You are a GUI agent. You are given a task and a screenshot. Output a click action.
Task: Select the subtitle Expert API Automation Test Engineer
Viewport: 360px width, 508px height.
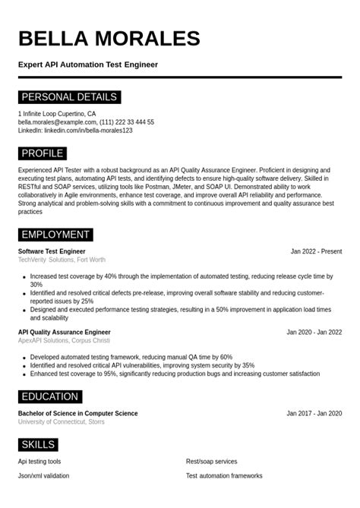click(x=88, y=65)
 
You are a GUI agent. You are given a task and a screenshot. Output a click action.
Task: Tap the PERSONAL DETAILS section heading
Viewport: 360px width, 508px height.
click(x=69, y=97)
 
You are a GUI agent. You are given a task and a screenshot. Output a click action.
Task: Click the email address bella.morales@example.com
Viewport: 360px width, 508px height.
click(x=57, y=121)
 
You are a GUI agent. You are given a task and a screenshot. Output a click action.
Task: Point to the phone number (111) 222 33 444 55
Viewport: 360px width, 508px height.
click(x=127, y=121)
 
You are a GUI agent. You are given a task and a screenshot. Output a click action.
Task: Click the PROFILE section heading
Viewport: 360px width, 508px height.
click(x=43, y=153)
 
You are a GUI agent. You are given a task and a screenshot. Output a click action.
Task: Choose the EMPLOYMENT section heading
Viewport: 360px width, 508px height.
click(x=55, y=235)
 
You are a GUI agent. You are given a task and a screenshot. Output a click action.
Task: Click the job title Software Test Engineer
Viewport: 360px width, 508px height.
click(x=52, y=251)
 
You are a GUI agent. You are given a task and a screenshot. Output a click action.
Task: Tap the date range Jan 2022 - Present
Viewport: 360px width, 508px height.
click(x=316, y=251)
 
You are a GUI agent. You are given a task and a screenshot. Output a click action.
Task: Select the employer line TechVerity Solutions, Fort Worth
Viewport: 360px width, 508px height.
click(x=62, y=260)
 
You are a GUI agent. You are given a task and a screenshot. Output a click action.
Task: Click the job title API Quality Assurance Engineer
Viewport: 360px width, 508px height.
click(x=64, y=332)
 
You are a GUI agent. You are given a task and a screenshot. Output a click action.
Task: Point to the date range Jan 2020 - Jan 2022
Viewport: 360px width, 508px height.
click(x=314, y=332)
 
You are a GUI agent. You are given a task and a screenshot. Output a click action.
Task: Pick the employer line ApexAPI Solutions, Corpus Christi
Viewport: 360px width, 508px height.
click(x=64, y=340)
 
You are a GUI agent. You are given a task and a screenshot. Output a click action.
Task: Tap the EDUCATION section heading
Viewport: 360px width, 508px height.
click(x=49, y=396)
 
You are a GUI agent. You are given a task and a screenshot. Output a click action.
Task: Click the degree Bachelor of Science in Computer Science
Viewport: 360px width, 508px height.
click(x=77, y=413)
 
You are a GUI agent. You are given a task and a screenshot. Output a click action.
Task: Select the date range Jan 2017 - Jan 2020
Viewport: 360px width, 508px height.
click(x=314, y=413)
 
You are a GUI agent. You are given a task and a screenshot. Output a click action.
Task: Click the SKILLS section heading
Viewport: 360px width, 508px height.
click(x=38, y=444)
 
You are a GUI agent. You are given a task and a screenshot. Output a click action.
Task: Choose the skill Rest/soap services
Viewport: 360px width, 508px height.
click(x=211, y=461)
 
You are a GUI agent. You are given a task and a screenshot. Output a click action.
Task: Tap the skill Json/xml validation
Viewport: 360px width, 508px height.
click(x=43, y=475)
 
